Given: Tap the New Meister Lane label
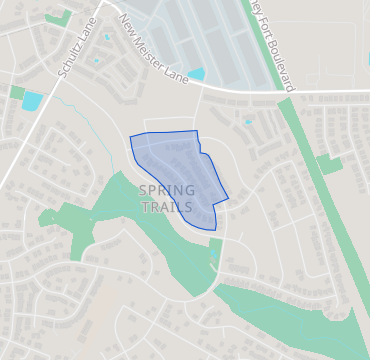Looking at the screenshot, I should click(151, 45).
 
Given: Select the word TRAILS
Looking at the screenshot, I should click(165, 207).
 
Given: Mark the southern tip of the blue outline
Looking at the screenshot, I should click(213, 229).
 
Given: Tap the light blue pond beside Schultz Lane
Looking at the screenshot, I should click(32, 100).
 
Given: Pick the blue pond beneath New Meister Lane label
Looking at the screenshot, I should click(196, 74).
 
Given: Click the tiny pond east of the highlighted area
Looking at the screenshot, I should click(247, 122).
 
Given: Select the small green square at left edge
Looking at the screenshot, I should click(16, 92).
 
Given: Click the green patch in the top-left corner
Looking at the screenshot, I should click(58, 18).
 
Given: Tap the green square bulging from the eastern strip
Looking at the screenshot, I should click(329, 165).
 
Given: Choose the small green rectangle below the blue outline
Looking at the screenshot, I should click(215, 247).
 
